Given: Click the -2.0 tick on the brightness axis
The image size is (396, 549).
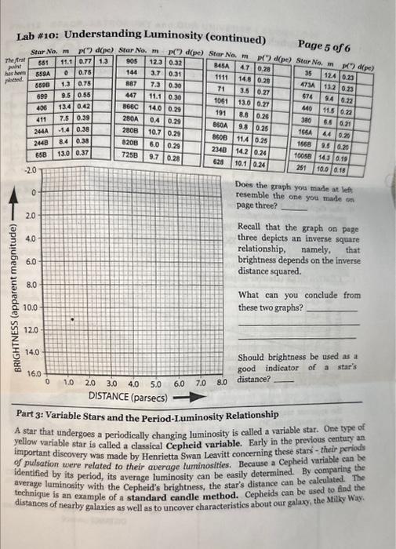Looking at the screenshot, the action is (28, 169).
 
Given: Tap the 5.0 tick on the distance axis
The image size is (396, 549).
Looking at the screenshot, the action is (154, 384).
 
